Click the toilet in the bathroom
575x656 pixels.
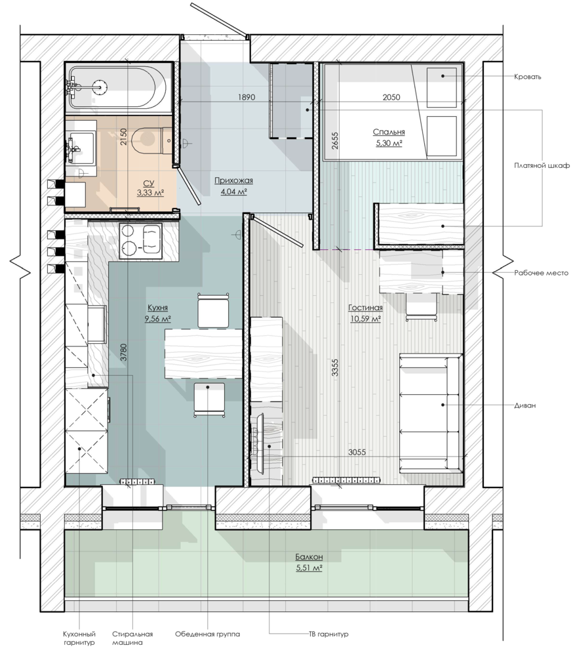click(x=151, y=140)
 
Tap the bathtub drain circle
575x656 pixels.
click(x=100, y=87)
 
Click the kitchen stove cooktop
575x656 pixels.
click(x=140, y=241)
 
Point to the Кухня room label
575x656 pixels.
click(x=157, y=308)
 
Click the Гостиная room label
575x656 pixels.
click(x=365, y=308)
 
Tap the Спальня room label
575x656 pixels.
click(x=389, y=133)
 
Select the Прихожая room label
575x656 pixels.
click(x=234, y=180)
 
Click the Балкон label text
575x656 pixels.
click(x=309, y=557)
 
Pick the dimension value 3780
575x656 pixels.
click(x=123, y=352)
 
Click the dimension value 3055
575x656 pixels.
click(x=357, y=452)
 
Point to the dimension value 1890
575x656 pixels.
click(x=247, y=97)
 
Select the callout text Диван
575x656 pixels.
click(x=525, y=405)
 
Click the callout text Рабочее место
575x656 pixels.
click(x=541, y=273)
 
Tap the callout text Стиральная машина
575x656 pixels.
click(x=132, y=638)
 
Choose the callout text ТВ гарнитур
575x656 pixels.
click(x=328, y=634)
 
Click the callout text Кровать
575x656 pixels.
click(x=528, y=77)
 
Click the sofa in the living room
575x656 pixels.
click(x=431, y=413)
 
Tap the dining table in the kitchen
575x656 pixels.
click(x=204, y=354)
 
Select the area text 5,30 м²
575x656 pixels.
click(x=389, y=144)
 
